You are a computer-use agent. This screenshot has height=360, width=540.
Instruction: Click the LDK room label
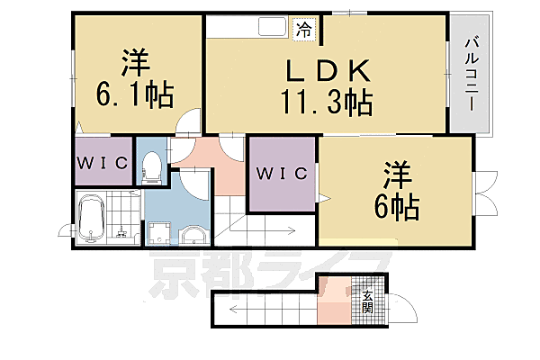coord(328,70)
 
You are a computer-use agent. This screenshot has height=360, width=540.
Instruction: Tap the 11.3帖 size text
coord(327,102)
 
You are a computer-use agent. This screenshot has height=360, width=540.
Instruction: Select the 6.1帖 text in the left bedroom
coord(135,94)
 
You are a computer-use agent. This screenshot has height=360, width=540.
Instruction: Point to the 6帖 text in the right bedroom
coord(397,207)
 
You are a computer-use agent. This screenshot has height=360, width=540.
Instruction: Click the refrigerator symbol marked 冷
coord(305,30)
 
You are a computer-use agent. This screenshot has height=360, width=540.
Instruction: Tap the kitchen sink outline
coord(273,26)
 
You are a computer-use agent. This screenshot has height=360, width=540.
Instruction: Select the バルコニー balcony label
coord(472,74)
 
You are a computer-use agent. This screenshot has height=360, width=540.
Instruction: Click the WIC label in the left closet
coord(103,163)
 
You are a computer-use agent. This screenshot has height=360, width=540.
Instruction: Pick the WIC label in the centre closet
coord(282,174)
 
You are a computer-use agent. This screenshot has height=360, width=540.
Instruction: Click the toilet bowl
coord(151,166)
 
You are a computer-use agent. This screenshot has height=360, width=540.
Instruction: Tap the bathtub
coord(91,218)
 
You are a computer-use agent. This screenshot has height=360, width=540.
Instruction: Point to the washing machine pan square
coord(158,233)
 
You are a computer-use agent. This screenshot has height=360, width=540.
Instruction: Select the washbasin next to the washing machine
coord(193,236)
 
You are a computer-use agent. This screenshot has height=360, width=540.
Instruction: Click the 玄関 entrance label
coord(368,301)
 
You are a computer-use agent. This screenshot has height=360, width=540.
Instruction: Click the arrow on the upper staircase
coord(263,230)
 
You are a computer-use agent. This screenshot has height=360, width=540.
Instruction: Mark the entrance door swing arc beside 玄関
coord(407,303)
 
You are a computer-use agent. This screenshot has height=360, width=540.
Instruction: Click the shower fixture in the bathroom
coord(121,232)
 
